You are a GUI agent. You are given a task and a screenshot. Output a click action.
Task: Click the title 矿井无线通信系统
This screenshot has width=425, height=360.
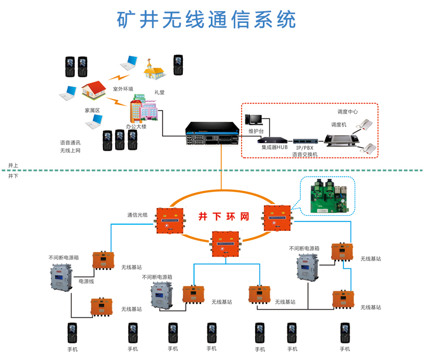click(x=206, y=20)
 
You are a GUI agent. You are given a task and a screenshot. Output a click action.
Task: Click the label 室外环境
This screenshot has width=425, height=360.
click(x=123, y=88)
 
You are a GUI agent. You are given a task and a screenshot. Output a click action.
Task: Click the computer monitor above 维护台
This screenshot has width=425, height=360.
click(x=254, y=120)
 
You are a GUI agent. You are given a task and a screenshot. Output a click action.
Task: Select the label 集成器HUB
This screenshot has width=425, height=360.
click(x=274, y=148)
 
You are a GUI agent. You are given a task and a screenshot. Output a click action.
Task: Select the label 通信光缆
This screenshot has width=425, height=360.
click(x=137, y=215)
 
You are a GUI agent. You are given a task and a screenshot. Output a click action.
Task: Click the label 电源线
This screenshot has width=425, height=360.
click(x=86, y=281)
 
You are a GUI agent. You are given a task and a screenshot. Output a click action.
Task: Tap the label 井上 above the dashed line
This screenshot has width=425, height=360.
click(x=13, y=166)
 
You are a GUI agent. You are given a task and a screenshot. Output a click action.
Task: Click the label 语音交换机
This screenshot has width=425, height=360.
click(x=305, y=155)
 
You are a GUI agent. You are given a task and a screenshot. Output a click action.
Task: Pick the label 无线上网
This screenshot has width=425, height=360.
click(x=70, y=150)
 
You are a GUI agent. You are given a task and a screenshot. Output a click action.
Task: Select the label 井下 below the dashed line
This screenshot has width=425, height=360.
click(x=13, y=176)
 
